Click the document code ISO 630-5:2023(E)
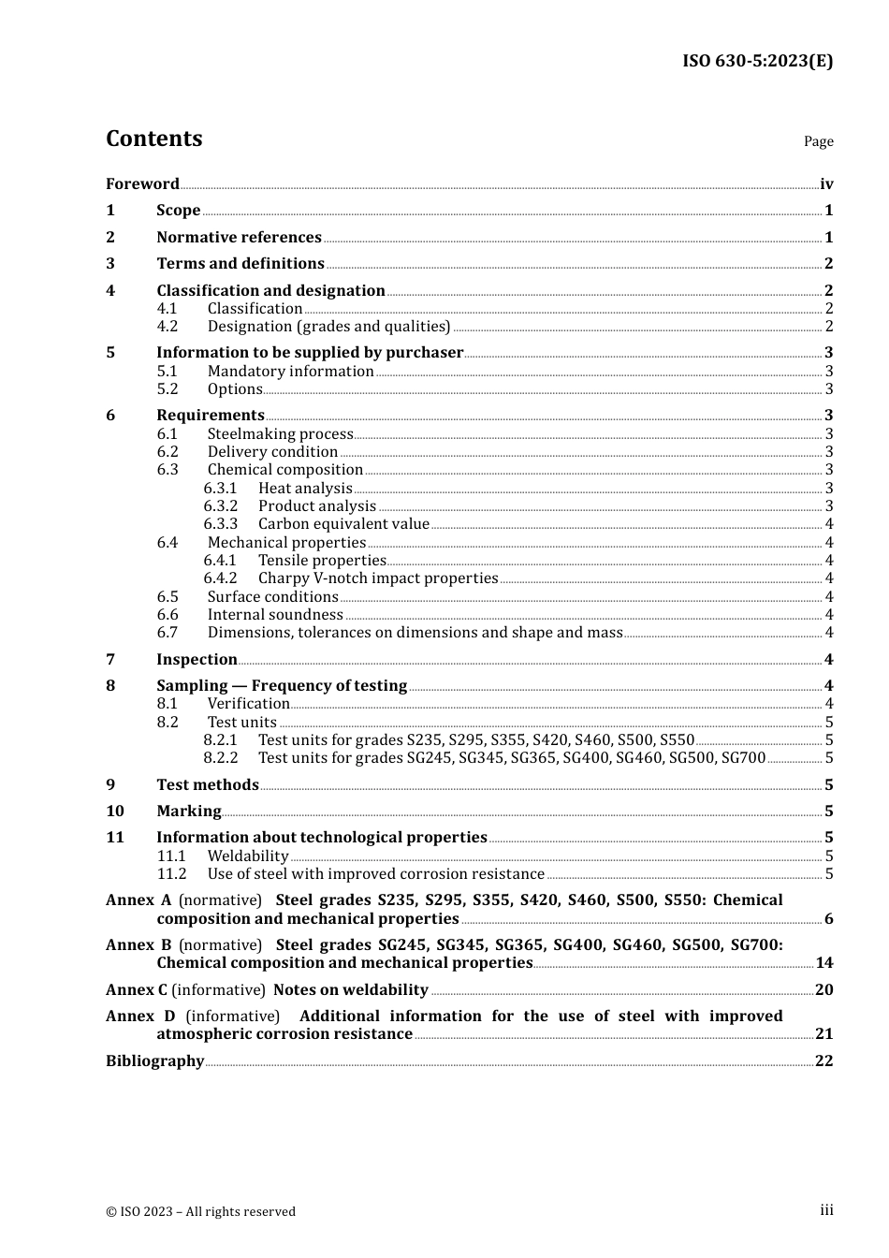(757, 62)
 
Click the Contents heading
(154, 139)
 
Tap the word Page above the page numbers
(818, 141)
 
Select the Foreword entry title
(142, 184)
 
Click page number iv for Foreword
(825, 184)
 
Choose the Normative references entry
(239, 238)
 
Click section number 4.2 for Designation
(167, 327)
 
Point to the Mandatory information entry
(290, 372)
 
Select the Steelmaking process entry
(280, 434)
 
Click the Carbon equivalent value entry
(343, 524)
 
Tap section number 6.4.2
(220, 578)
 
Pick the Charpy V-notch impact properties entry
(378, 578)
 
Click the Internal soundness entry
(275, 615)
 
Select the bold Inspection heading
(197, 660)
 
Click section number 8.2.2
(220, 758)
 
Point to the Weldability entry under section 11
(248, 856)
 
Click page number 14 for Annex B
(823, 963)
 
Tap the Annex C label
(137, 990)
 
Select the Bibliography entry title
(154, 1061)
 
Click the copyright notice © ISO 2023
(200, 1212)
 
